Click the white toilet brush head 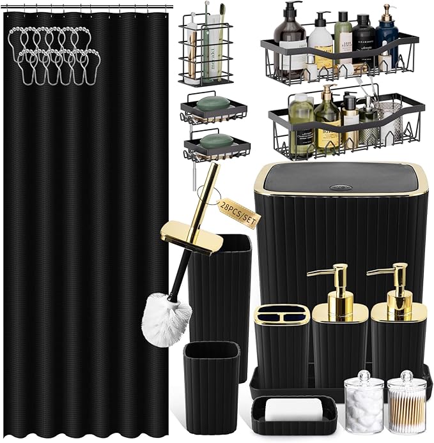(x=166, y=313)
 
